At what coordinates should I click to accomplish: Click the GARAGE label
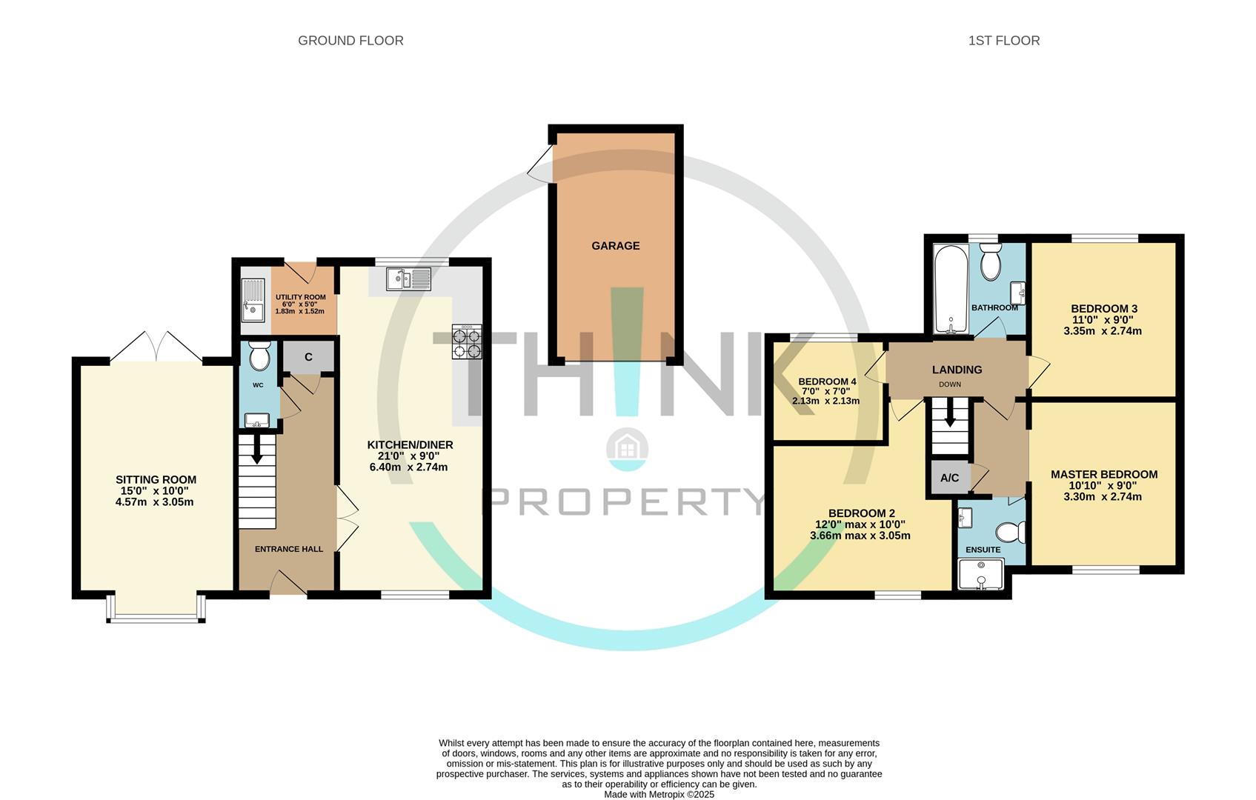[x=615, y=246]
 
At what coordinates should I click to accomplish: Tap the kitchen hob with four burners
[x=467, y=341]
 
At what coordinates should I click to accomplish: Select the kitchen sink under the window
[x=408, y=279]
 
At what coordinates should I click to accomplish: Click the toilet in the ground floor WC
[x=259, y=357]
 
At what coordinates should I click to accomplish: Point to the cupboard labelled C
[x=308, y=357]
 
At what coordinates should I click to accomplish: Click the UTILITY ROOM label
[x=300, y=297]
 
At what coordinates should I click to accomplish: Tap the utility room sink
[x=252, y=301]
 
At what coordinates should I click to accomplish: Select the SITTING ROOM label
[x=156, y=480]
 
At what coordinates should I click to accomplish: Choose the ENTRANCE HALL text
[x=289, y=549]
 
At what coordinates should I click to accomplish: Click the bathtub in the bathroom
[x=948, y=289]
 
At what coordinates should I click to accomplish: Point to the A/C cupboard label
[x=949, y=478]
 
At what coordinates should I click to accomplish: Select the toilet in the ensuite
[x=1011, y=531]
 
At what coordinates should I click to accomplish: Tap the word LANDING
[x=957, y=370]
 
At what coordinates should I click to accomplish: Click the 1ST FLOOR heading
[x=1003, y=41]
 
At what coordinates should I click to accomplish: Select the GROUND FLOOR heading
[x=350, y=41]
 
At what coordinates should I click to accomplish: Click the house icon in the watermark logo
[x=628, y=448]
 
